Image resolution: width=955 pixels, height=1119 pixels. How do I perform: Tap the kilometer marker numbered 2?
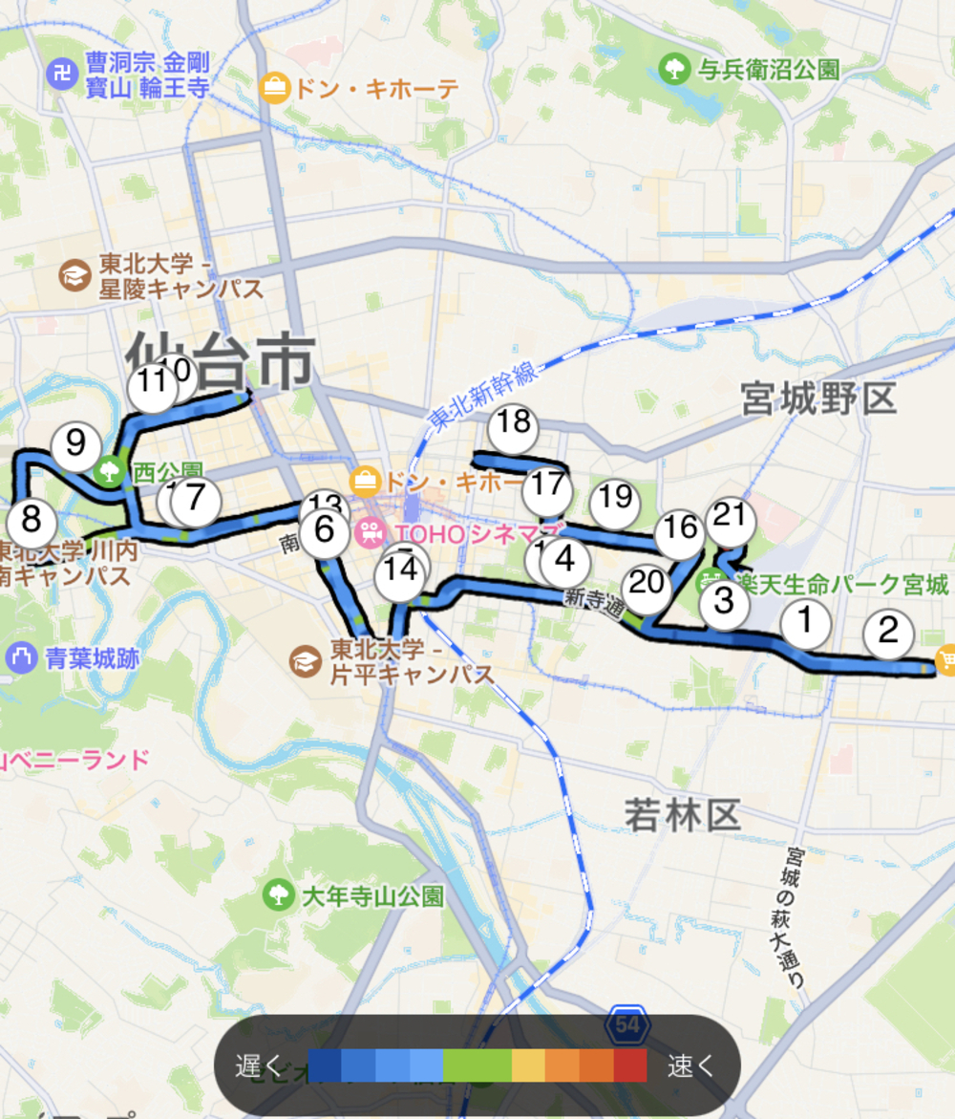888,633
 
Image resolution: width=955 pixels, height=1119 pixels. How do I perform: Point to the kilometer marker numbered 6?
325,533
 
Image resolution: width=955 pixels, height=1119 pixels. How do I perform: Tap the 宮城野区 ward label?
818,399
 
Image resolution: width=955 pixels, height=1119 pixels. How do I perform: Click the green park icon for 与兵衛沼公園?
675,69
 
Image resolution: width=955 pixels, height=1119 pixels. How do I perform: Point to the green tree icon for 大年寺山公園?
278,894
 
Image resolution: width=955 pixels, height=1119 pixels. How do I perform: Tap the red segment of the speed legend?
629,1065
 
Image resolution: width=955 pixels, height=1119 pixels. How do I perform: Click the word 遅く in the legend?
259,1065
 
